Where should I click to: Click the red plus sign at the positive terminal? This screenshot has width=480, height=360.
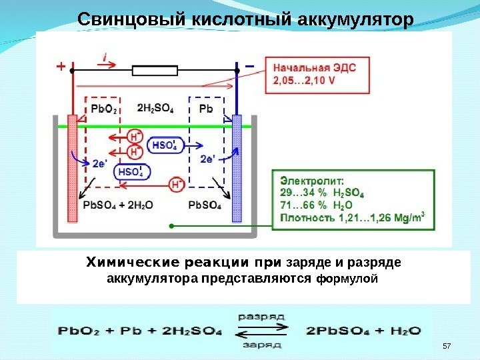click(61, 67)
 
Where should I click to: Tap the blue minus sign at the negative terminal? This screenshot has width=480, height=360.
click(249, 67)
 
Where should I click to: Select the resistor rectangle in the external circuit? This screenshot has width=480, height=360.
click(156, 69)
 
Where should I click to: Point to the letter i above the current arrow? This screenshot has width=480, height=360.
click(105, 57)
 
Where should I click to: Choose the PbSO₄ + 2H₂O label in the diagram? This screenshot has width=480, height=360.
click(118, 205)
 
